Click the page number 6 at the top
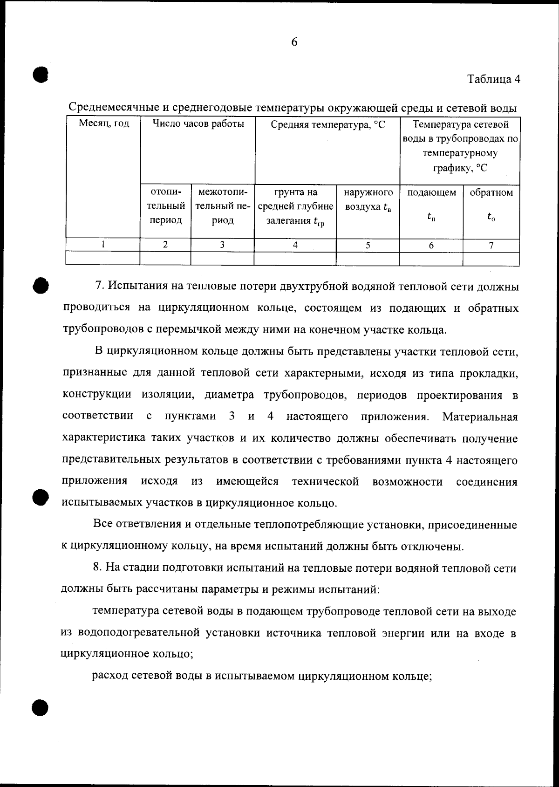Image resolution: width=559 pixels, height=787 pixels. [x=294, y=42]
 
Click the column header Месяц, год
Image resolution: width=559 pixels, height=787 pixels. [x=103, y=124]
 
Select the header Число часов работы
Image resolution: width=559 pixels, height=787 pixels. [x=198, y=124]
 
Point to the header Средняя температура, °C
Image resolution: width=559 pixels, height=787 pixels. [x=327, y=125]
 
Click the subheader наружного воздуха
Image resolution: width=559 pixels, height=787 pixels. [x=368, y=199]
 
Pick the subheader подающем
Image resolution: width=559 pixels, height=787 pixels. [x=431, y=193]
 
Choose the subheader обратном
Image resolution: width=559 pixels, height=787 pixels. [x=491, y=193]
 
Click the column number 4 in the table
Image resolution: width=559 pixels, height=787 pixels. [x=295, y=245]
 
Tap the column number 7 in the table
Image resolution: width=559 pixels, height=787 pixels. [x=491, y=245]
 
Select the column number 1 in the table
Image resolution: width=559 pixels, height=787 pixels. [x=103, y=244]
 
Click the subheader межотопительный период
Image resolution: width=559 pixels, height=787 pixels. [x=223, y=206]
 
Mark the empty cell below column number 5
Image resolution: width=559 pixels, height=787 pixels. [x=368, y=258]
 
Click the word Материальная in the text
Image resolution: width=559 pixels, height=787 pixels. [x=480, y=417]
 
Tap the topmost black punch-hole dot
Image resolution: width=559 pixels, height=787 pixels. [x=41, y=75]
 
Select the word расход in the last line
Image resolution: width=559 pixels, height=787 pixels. [x=109, y=676]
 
